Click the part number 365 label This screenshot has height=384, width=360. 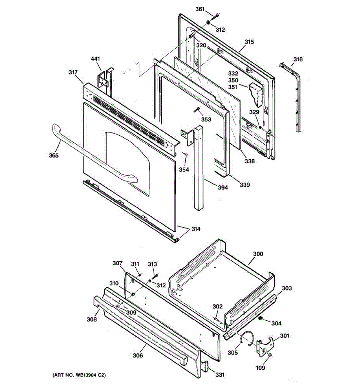coord(54,155)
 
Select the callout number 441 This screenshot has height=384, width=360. coord(95,59)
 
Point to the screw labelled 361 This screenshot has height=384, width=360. coord(214,17)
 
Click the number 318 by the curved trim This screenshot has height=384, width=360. coord(298,59)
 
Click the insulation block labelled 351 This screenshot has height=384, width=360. coord(256,94)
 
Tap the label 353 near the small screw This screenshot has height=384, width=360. coord(206,119)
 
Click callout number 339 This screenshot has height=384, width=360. coord(245,185)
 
